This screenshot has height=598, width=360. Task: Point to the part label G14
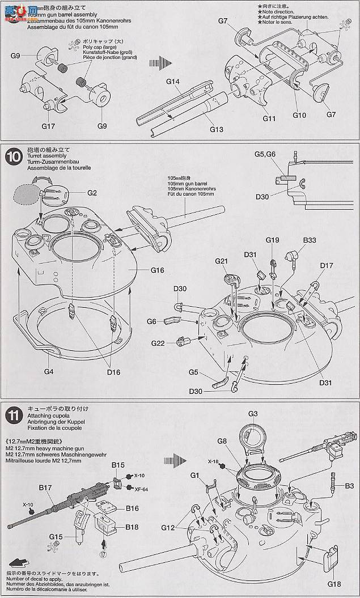(173, 82)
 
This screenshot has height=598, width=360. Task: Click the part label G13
(216, 130)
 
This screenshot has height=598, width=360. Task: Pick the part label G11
(269, 118)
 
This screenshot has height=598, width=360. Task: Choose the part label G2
(92, 193)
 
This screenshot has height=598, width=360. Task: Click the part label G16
(157, 270)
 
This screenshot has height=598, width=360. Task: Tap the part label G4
(48, 371)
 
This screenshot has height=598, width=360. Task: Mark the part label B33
(309, 240)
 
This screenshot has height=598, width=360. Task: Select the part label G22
(158, 343)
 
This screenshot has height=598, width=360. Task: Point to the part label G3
(253, 413)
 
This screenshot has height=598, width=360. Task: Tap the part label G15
(56, 536)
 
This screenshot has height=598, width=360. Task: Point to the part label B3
(348, 486)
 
